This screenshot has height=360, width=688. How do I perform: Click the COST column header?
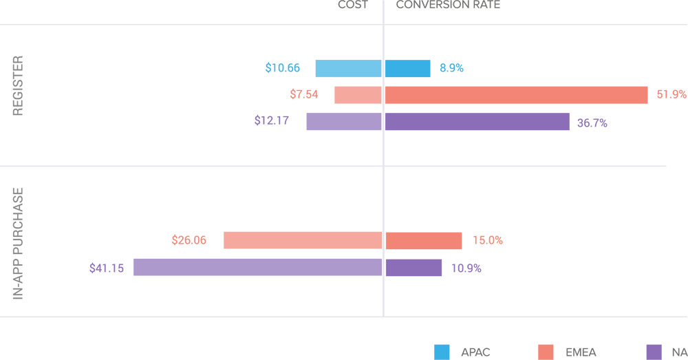352,5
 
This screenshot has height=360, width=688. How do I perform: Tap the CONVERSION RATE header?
448,5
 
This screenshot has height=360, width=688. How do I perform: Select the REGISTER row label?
18,86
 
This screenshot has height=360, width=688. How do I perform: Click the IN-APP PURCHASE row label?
18,243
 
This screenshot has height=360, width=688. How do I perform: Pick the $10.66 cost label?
283,68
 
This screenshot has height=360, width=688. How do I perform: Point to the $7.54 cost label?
303,94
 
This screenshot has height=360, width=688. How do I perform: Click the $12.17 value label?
271,120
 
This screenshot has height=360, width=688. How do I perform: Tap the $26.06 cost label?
189,240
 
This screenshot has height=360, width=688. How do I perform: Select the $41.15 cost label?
107,268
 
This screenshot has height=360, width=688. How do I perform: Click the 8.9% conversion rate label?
451,68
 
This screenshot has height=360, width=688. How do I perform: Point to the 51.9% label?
671,94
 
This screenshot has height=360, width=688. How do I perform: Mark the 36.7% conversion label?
592,124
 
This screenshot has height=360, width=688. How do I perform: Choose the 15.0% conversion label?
487,240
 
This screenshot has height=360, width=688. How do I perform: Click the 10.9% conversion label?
466,268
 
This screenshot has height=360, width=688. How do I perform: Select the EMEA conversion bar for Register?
516,95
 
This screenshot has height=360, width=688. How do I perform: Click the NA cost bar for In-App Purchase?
257,267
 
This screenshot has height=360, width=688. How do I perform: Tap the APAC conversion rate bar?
407,68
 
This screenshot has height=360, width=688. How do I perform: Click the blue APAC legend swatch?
442,352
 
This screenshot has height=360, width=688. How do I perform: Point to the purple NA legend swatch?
654,352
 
